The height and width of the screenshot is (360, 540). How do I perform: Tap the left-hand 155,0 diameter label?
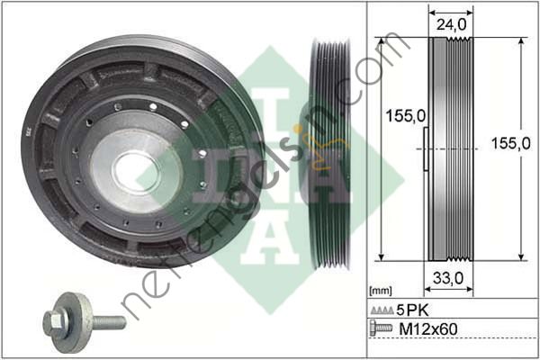(392, 117)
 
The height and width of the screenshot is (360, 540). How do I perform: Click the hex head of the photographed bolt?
(53, 320)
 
